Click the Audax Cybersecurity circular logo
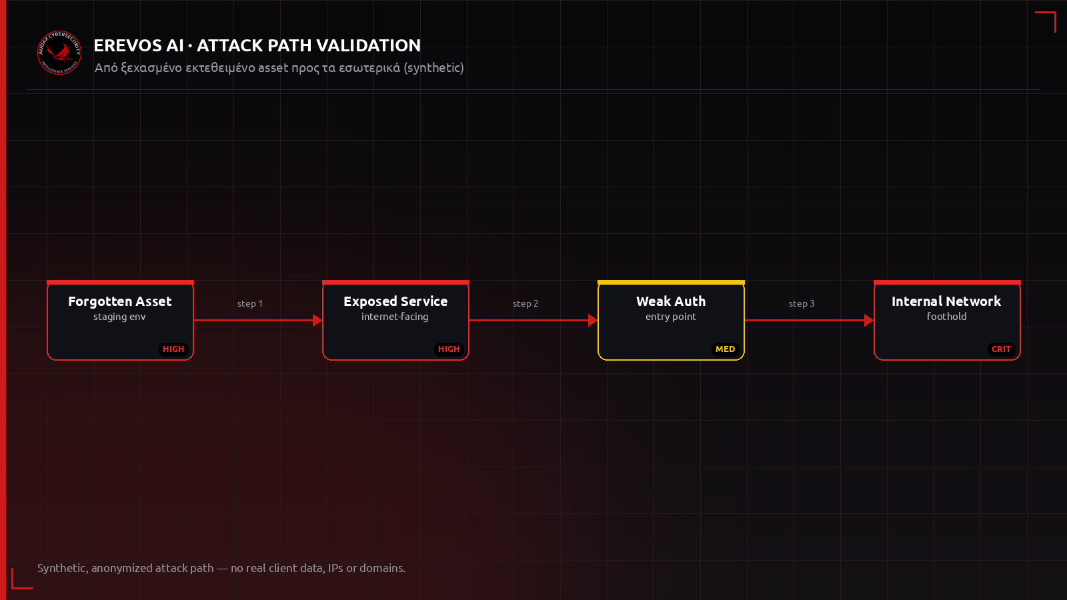click(x=59, y=53)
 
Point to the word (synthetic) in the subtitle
click(x=433, y=67)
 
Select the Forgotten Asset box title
click(x=120, y=301)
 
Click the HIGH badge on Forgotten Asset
click(x=173, y=349)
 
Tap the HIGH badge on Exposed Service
click(x=449, y=349)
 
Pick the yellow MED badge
click(x=725, y=349)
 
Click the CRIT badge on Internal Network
click(x=1001, y=349)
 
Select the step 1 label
click(x=250, y=304)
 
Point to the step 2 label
click(x=525, y=304)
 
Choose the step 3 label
click(x=802, y=304)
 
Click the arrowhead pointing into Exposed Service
click(x=317, y=321)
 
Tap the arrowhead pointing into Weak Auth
click(x=593, y=321)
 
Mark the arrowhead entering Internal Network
click(x=869, y=321)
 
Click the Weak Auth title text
click(x=671, y=301)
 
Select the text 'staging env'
click(x=119, y=317)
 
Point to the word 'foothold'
click(x=946, y=316)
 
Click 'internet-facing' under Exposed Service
click(x=395, y=317)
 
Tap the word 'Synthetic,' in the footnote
click(x=63, y=568)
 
